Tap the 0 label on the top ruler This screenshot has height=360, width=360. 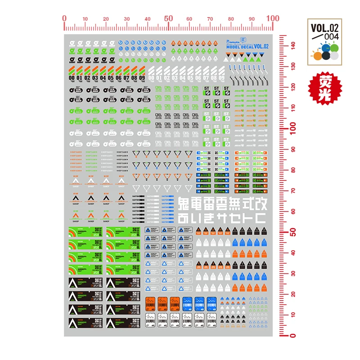64,18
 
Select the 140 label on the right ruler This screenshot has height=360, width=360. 292,45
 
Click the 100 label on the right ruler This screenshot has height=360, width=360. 292,128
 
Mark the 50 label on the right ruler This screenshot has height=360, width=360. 292,232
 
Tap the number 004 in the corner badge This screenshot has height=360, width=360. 331,36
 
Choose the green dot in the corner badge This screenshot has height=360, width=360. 333,48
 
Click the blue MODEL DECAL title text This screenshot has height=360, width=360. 239,46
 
